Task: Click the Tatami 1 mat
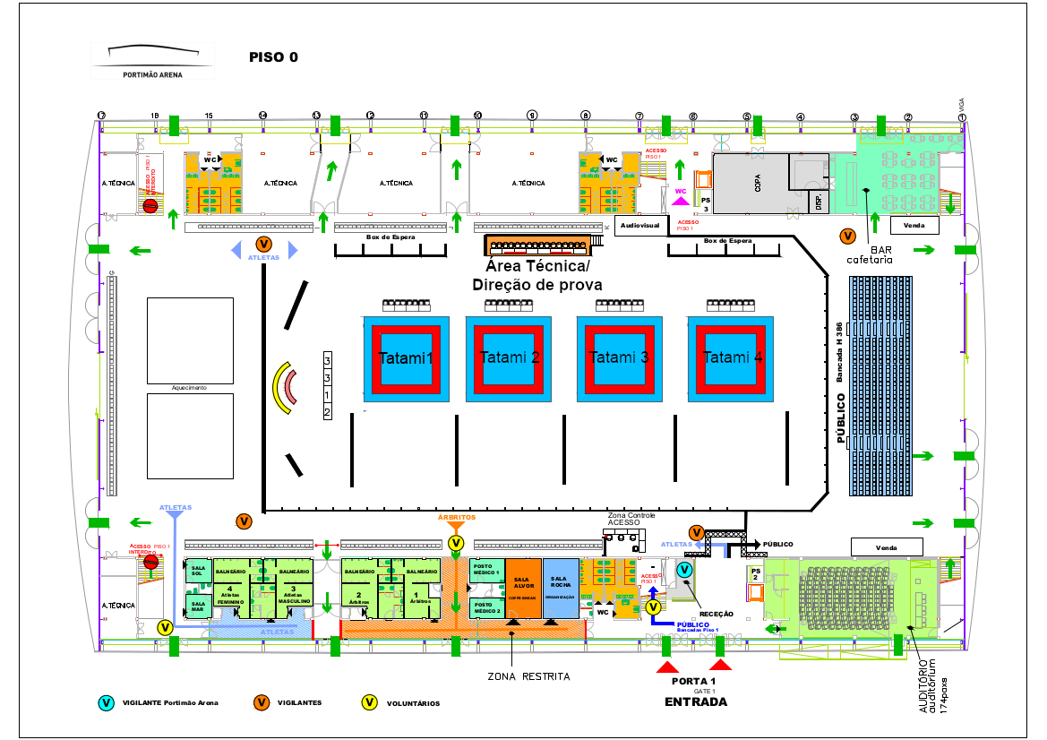405,357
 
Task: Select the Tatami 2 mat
509,357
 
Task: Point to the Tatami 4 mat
732,357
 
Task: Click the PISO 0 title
273,57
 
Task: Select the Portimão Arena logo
152,61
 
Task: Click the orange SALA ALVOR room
523,587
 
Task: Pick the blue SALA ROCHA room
561,587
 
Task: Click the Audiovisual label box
639,226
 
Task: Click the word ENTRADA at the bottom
695,702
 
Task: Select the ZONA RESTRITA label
528,676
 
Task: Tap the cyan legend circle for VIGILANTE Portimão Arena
107,703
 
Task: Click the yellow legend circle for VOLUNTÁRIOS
368,703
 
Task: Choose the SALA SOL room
198,572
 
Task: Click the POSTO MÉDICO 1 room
487,571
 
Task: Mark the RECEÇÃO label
716,614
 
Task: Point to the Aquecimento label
189,388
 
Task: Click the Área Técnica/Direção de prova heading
536,276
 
